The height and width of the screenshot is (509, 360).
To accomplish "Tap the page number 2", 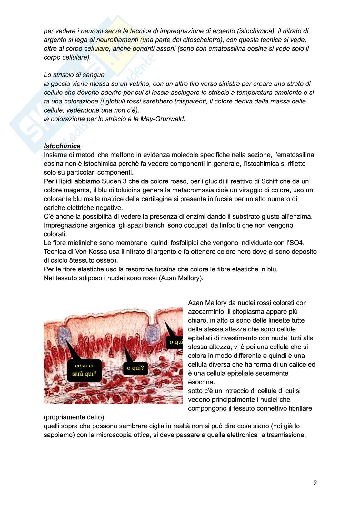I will coord(315,483).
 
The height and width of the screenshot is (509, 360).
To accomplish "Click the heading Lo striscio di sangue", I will coord(74,75).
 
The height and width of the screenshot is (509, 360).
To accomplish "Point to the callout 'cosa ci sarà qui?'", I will coord(84,370).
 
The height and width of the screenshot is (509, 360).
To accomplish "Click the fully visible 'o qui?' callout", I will coord(135,368).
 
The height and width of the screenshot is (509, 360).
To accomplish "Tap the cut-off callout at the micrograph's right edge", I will coord(174,342).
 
